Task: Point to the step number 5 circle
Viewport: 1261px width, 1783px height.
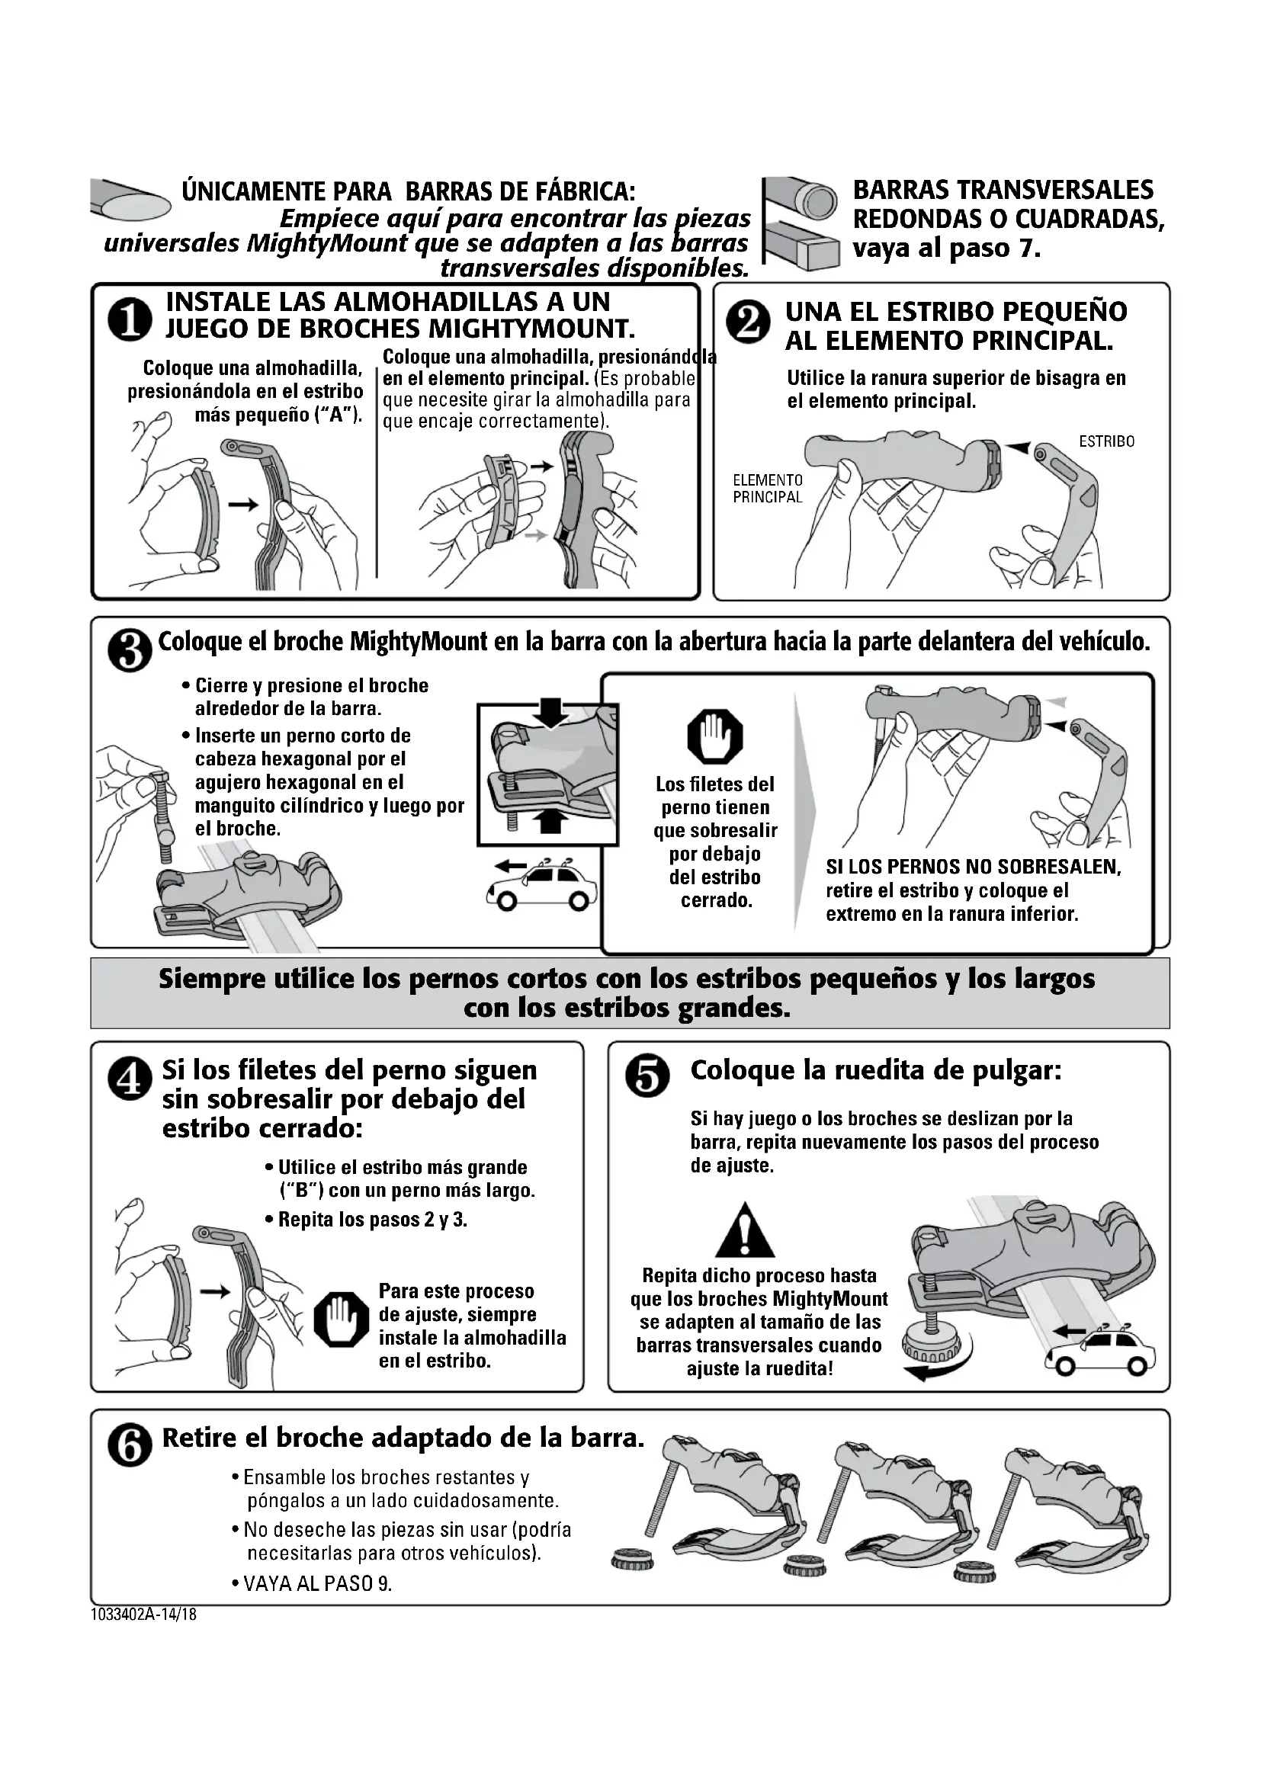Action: (x=647, y=1079)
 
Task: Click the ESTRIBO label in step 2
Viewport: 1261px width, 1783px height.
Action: (x=1106, y=442)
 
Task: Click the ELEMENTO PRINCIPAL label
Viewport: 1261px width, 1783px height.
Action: (x=768, y=489)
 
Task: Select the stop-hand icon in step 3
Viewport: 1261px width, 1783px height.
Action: (x=715, y=737)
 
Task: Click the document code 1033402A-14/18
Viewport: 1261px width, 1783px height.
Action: (x=143, y=1615)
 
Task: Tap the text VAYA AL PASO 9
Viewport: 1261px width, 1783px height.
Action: (x=318, y=1584)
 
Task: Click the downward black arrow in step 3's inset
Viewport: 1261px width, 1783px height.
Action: (x=550, y=711)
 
